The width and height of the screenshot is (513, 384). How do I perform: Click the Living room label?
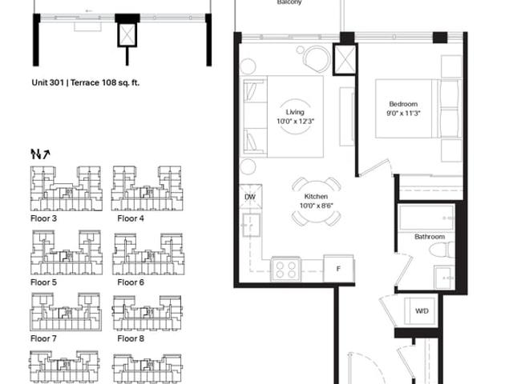coord(295,112)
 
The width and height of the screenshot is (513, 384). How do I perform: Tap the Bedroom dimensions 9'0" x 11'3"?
coord(403,114)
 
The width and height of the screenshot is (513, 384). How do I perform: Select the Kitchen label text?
coord(316,196)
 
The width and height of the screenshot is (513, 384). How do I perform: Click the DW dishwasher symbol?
coord(251,197)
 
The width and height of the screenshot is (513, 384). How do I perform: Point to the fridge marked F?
coord(338,269)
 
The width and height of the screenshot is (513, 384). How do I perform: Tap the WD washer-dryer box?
coord(422,311)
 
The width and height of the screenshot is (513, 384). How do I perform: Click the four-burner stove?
coord(285,270)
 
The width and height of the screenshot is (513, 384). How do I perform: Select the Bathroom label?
coord(430,237)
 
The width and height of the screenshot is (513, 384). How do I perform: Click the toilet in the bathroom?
coord(442,250)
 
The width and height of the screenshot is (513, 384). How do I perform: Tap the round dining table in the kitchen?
coord(316,202)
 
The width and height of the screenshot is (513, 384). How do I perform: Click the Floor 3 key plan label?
coord(43,218)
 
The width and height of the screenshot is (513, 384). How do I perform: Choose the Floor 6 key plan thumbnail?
coord(148,254)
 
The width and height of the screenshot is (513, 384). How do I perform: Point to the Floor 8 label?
coord(131,338)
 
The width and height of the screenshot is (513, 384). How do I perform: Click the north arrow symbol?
coord(40,154)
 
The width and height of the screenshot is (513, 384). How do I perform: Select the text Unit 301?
coord(47,82)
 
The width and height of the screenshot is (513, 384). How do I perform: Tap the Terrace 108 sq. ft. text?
coord(105,82)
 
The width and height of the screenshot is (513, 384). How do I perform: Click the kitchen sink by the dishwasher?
coord(251,225)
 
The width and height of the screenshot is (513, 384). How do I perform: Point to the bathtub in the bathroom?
coord(426,218)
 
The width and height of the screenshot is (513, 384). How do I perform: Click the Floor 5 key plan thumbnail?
coord(67,253)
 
